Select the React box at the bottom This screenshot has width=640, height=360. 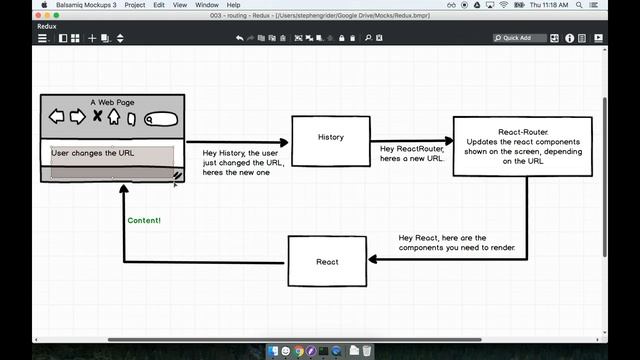pos(327,261)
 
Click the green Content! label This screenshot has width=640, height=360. pos(144,220)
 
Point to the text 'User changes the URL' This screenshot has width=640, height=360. pos(93,153)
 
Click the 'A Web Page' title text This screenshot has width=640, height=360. pos(112,102)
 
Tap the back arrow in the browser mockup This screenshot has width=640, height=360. pos(57,117)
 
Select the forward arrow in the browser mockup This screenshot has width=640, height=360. pos(77,117)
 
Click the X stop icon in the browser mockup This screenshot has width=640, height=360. pos(97,116)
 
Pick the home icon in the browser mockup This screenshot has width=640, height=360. pos(114,116)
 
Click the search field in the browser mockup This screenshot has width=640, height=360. pos(161,119)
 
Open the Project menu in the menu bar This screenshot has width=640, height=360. pos(134,5)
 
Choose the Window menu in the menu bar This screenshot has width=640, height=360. pos(206,5)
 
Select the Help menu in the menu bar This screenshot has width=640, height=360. pos(234,5)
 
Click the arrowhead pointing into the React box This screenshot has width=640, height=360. pos(373,259)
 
